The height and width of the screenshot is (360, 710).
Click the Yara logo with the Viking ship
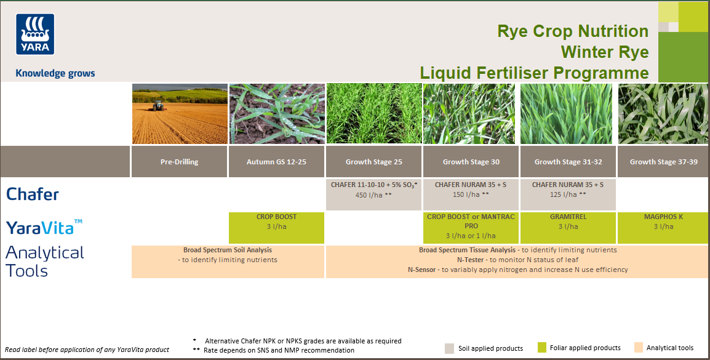(x=35, y=34)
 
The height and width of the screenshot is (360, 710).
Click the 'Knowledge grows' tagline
(x=55, y=73)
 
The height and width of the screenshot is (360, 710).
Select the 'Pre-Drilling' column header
(x=179, y=162)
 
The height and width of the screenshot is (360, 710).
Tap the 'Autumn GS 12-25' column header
(x=276, y=162)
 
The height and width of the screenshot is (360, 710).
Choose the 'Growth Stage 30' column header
(x=471, y=162)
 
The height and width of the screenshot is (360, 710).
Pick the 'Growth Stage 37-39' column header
(x=663, y=162)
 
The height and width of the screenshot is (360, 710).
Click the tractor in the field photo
(x=158, y=105)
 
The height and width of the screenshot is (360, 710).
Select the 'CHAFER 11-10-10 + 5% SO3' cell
(x=373, y=190)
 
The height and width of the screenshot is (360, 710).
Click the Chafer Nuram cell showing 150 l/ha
(x=471, y=190)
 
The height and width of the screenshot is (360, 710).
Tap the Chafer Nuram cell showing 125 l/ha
(x=567, y=190)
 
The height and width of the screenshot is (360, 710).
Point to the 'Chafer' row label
(x=33, y=194)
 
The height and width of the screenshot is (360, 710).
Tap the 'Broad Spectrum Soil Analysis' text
(x=228, y=250)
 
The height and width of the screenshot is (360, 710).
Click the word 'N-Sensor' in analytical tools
(x=423, y=270)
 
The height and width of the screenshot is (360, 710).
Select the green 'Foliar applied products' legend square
(x=541, y=348)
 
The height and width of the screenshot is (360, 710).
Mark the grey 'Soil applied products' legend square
(x=449, y=348)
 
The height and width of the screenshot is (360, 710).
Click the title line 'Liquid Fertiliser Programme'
(x=534, y=73)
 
